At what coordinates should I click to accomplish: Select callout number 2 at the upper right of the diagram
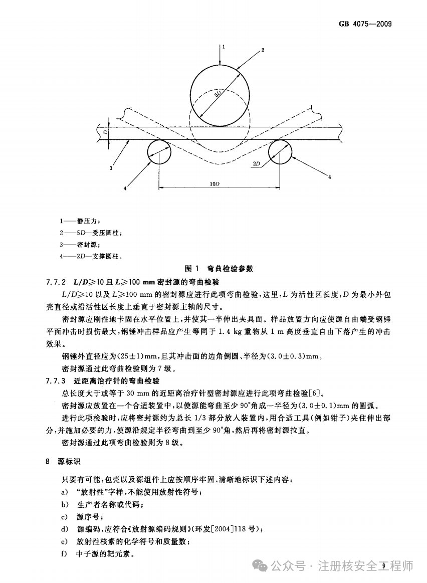(x=262, y=50)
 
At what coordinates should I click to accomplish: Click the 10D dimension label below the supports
(x=215, y=184)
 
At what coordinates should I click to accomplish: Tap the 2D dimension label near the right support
(x=257, y=164)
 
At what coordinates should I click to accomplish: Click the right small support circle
(x=281, y=151)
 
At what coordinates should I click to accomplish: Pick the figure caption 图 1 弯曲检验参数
(x=219, y=269)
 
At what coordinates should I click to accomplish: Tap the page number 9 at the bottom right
(x=383, y=566)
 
